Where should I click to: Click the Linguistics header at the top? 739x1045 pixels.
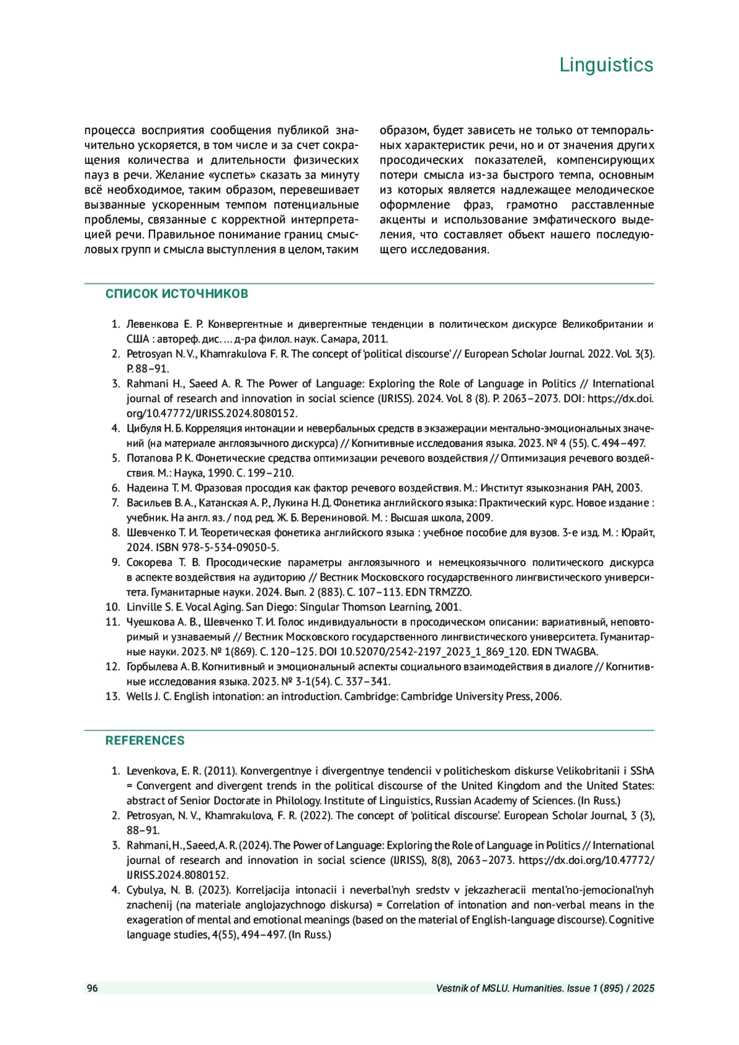click(x=606, y=65)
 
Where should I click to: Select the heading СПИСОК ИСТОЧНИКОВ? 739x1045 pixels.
click(x=177, y=294)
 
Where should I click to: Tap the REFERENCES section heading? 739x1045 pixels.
click(x=145, y=740)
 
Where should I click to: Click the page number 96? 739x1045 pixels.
click(x=92, y=988)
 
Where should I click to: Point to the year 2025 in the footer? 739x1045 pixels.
click(x=643, y=988)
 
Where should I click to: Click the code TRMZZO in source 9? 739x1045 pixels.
click(x=451, y=592)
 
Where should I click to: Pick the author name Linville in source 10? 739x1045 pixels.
click(x=143, y=607)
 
